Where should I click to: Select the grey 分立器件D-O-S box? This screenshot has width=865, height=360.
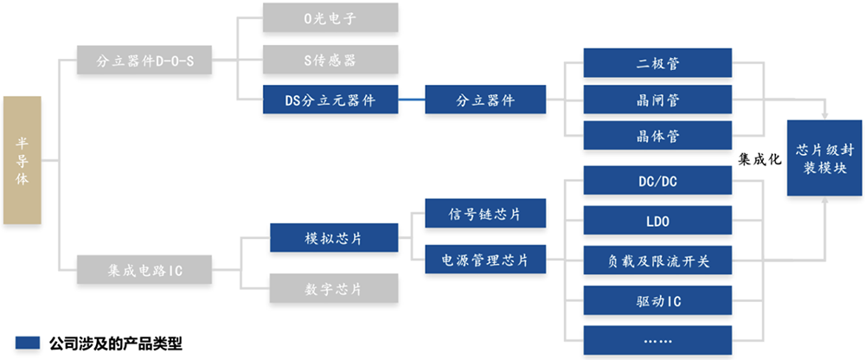[x=144, y=61]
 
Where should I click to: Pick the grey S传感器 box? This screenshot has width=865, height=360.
[x=330, y=61]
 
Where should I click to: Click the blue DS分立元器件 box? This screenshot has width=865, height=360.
[x=330, y=100]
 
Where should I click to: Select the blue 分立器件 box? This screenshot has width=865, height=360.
[x=485, y=100]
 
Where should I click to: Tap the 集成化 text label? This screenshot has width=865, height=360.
[x=760, y=159]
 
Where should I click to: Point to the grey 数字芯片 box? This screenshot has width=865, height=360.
[x=334, y=287]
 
